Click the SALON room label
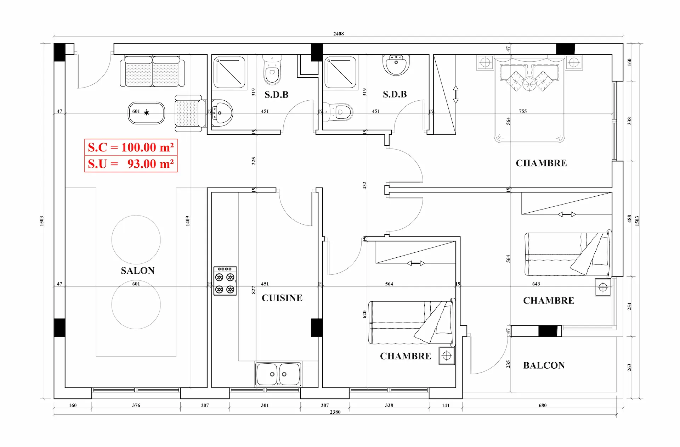138,271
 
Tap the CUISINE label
282,298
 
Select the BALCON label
544,365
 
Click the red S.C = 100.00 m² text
131,147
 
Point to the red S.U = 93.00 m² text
131,164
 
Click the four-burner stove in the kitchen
225,281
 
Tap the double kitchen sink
278,374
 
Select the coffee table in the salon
146,113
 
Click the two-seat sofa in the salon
152,71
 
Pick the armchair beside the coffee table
190,113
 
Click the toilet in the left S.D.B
272,70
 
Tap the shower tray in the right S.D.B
340,72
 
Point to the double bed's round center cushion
529,84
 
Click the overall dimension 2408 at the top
339,34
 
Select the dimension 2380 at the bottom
335,412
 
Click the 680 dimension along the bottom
543,405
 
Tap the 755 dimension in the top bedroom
523,111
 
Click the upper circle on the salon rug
136,240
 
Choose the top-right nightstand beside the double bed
574,63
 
